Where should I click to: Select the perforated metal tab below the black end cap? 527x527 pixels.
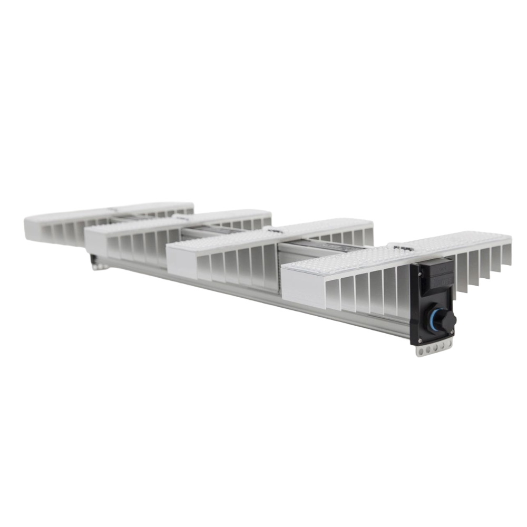(x=433, y=349)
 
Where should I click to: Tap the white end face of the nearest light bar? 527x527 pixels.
(x=301, y=287)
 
